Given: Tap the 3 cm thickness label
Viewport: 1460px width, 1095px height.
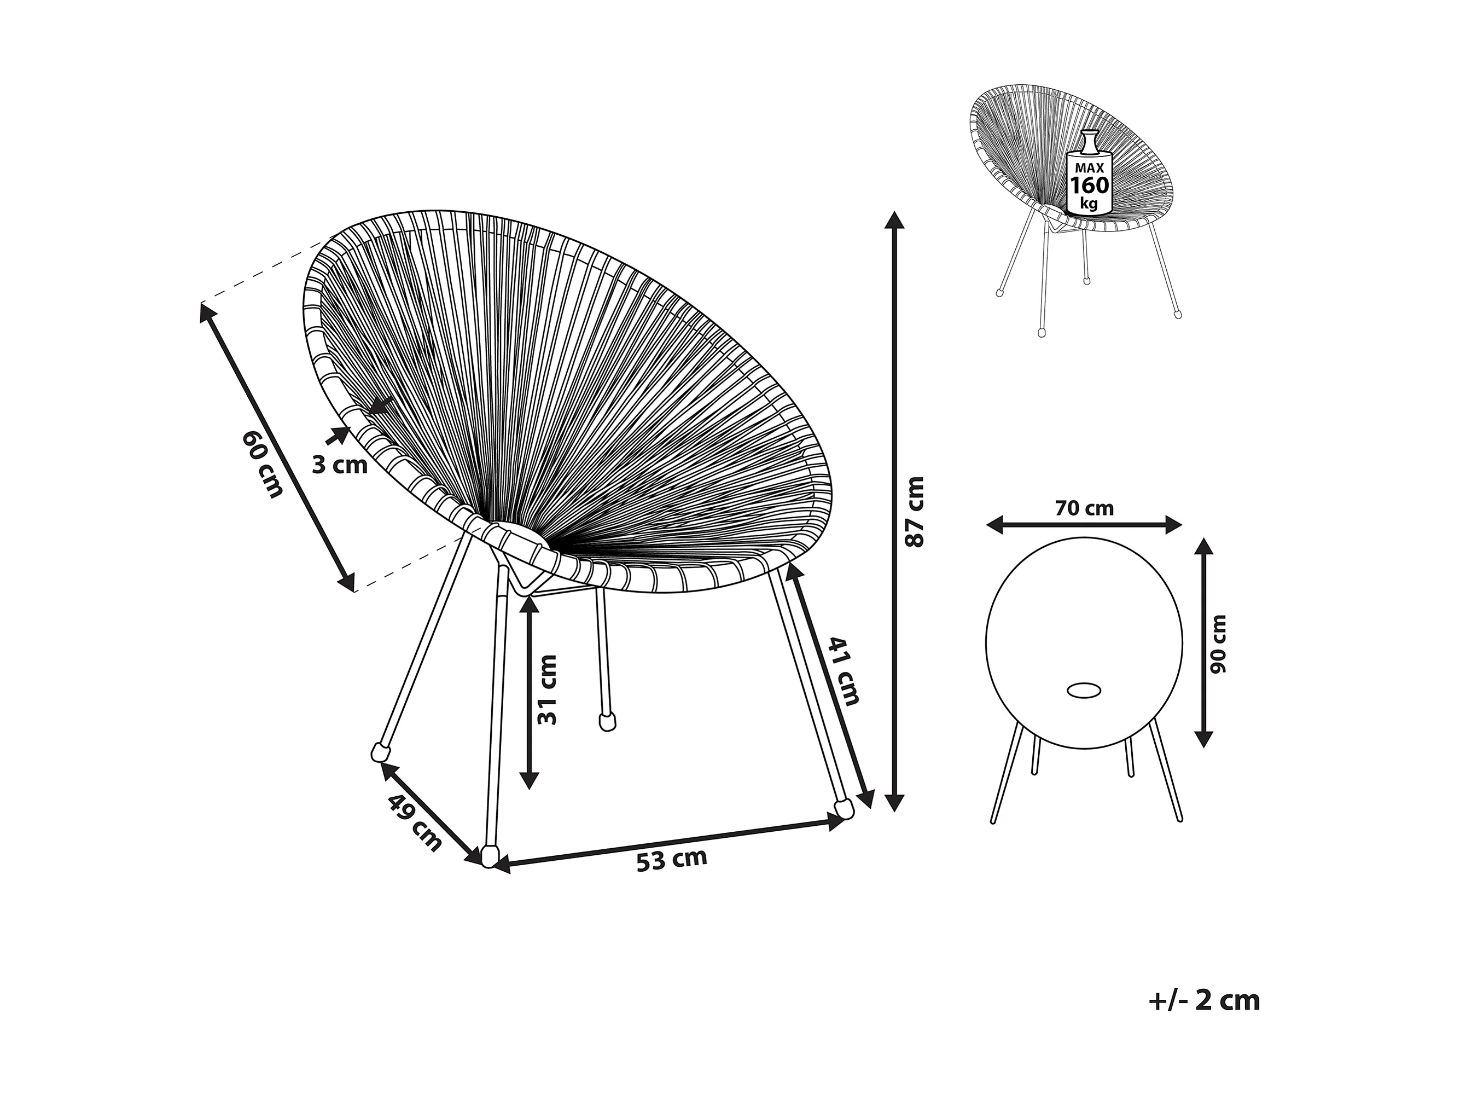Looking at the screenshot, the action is pyautogui.click(x=339, y=465).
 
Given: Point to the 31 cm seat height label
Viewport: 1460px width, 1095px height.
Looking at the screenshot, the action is pyautogui.click(x=547, y=690).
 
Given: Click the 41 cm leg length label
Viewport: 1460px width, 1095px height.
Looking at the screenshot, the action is pyautogui.click(x=844, y=671).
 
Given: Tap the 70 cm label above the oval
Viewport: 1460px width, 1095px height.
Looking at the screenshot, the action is pyautogui.click(x=1084, y=508).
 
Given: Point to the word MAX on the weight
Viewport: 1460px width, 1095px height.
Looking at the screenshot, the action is pyautogui.click(x=1089, y=169).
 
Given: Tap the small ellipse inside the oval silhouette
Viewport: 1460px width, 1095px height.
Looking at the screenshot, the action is pyautogui.click(x=1083, y=690).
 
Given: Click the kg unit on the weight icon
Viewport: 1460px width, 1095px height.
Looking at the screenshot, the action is pyautogui.click(x=1089, y=204).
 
